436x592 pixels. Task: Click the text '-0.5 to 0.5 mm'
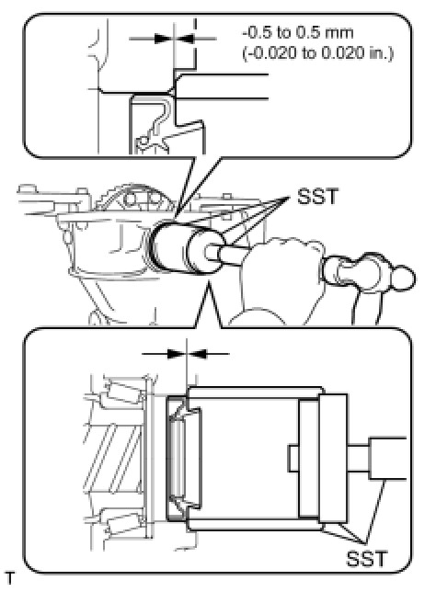point(298,33)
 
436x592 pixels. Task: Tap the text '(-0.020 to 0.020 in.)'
point(317,53)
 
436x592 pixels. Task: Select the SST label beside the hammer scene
point(317,197)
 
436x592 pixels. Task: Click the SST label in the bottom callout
point(366,559)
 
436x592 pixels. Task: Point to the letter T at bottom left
point(10,578)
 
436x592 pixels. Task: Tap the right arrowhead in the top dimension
point(185,38)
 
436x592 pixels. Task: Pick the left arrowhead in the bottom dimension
point(177,354)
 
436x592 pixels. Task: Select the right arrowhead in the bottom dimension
point(197,354)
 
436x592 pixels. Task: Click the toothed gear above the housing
point(134,199)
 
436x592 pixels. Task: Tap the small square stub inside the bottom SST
point(293,458)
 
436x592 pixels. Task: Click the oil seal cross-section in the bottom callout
point(177,458)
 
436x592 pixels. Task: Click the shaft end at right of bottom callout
point(387,459)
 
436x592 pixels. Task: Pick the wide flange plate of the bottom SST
point(333,458)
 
